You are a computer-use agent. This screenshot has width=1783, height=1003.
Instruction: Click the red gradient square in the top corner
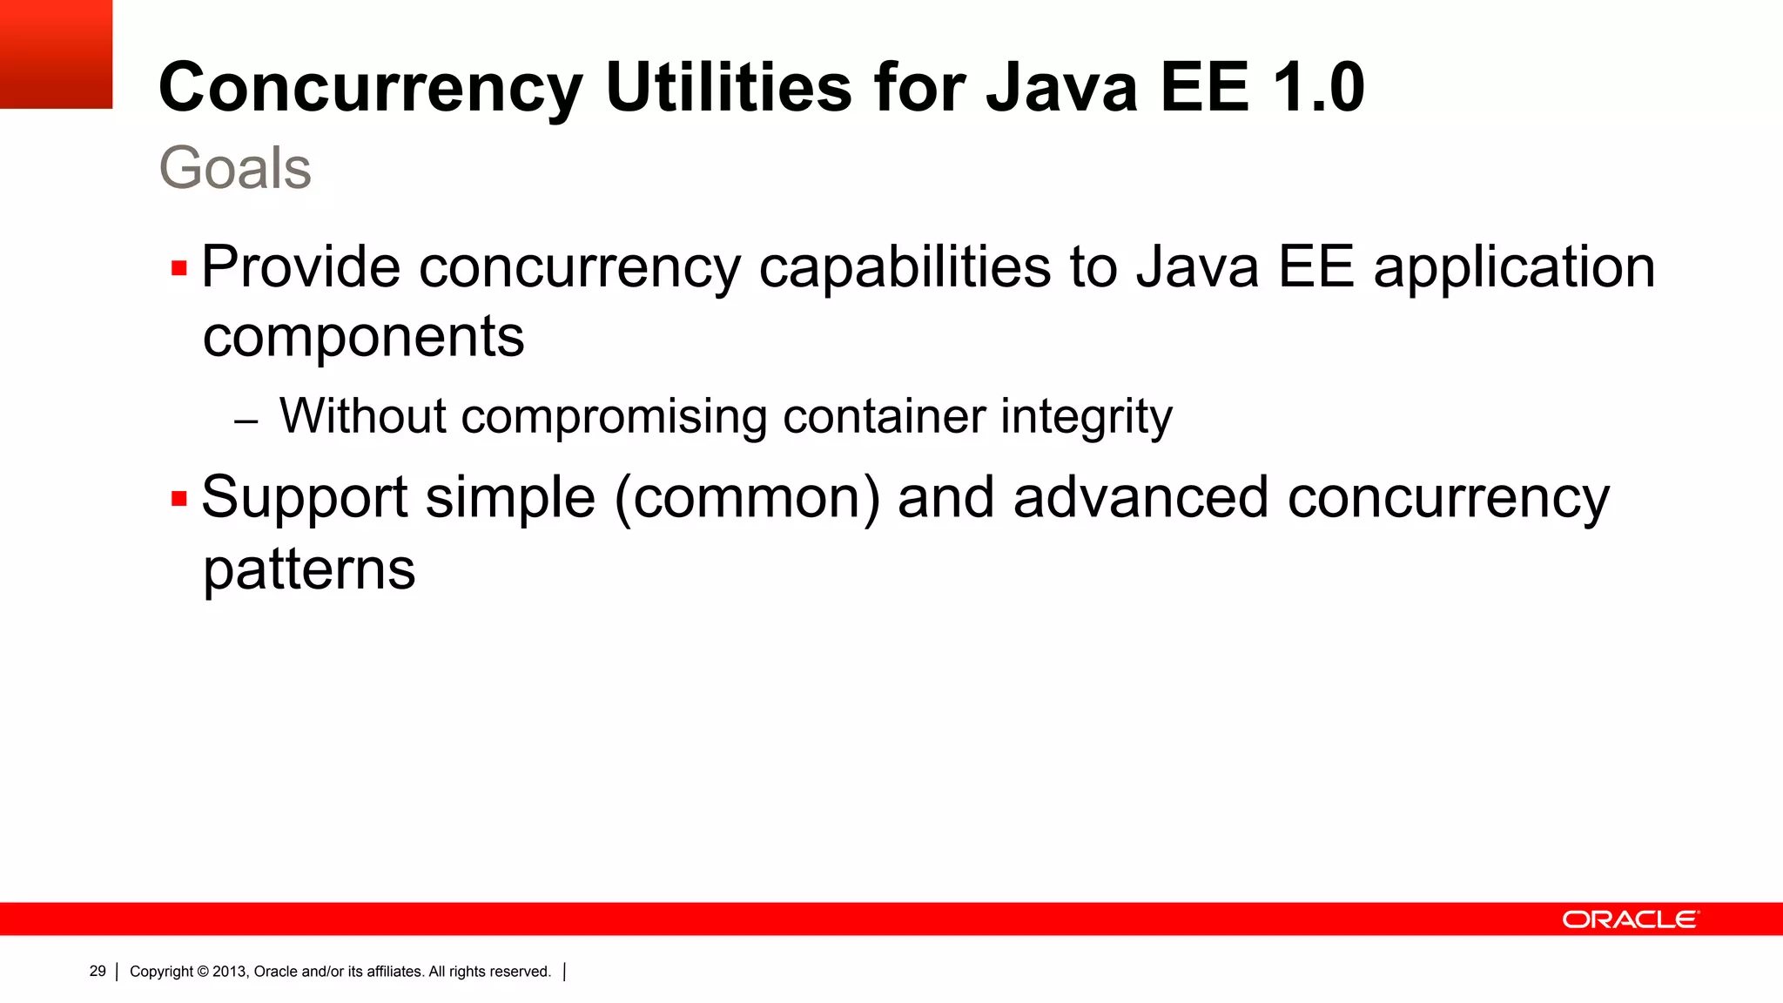point(56,54)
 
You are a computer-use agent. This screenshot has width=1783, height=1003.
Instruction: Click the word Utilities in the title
point(729,88)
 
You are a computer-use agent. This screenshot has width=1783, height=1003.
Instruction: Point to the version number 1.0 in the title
point(1318,88)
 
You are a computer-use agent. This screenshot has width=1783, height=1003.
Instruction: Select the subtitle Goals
point(235,167)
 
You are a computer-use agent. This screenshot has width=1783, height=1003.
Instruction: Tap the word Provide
point(301,266)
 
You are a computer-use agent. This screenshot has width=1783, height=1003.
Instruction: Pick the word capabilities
point(905,266)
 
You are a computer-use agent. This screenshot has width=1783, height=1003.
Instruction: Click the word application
point(1514,268)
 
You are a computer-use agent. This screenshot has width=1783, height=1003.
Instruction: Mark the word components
point(364,338)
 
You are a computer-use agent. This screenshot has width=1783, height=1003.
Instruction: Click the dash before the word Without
point(246,422)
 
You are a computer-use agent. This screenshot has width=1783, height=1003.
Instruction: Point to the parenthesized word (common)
point(747,498)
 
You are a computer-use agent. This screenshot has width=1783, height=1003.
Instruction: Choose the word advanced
point(1140,498)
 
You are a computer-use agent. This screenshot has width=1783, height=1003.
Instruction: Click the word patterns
point(309,571)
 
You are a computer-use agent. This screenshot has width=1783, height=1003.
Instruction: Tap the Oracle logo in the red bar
point(1630,919)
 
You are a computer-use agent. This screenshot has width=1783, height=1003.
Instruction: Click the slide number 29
point(98,971)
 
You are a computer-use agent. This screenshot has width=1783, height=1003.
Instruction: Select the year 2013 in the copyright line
point(230,972)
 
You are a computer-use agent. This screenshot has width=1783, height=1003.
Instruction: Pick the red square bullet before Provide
point(179,268)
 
